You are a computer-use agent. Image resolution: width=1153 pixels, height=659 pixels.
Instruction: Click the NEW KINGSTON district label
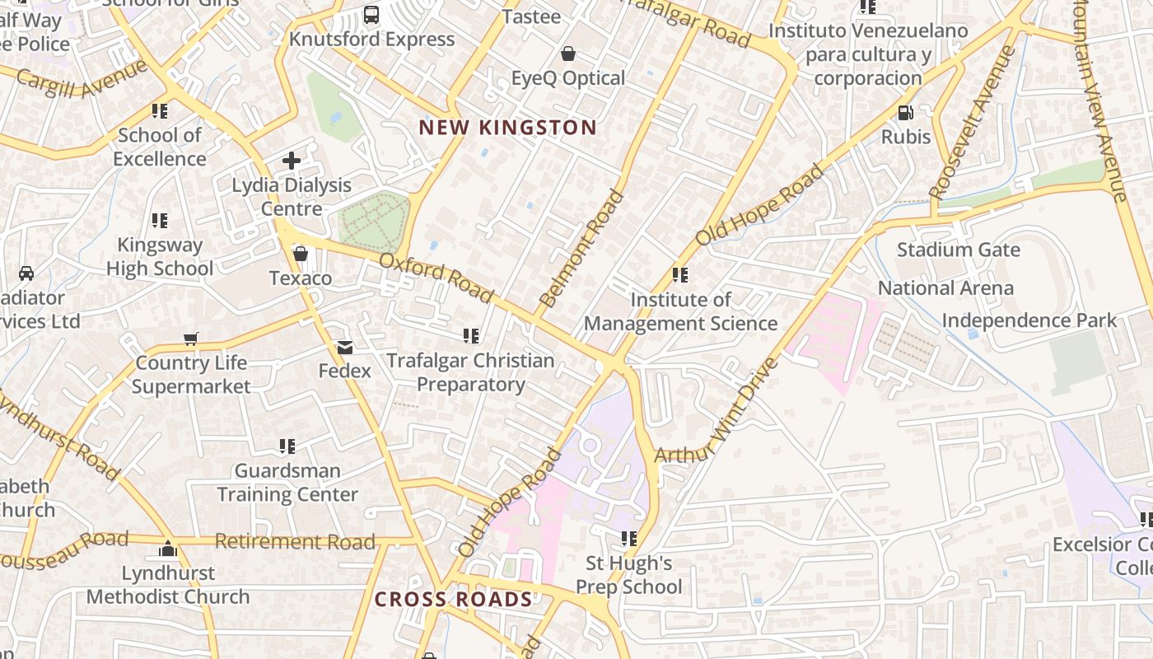[507, 128]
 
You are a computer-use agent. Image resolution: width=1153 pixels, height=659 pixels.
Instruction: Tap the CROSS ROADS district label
[454, 599]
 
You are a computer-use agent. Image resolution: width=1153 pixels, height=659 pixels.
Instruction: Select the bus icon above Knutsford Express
[371, 15]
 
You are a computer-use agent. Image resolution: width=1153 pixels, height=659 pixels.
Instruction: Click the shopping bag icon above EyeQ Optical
[567, 54]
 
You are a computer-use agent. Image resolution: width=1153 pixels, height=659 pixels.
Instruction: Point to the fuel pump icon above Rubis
[905, 113]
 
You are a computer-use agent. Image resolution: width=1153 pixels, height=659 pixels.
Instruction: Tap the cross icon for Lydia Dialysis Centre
[291, 161]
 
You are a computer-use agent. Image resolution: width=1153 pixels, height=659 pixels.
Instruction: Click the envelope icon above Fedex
[344, 348]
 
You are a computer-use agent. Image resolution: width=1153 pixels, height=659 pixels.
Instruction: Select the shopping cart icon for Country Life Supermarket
[191, 339]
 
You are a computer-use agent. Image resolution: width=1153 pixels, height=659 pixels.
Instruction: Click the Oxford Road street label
[436, 278]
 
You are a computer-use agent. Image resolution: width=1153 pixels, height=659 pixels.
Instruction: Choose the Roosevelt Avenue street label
[973, 122]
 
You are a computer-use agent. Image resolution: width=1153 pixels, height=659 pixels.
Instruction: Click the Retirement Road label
[295, 541]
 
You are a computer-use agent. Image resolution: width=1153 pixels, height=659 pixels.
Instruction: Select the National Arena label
[945, 288]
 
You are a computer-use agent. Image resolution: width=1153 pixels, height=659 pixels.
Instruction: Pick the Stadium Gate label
[958, 250]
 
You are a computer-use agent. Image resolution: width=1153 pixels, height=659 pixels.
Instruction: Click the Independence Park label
[1029, 320]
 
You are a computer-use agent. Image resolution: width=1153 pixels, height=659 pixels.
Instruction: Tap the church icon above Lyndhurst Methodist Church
[168, 549]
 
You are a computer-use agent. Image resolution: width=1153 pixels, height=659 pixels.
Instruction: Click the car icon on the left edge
[26, 273]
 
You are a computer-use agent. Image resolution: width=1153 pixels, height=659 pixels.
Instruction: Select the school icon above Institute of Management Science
[679, 275]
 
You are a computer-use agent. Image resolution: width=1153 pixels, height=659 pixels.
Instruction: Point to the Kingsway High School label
[160, 256]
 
